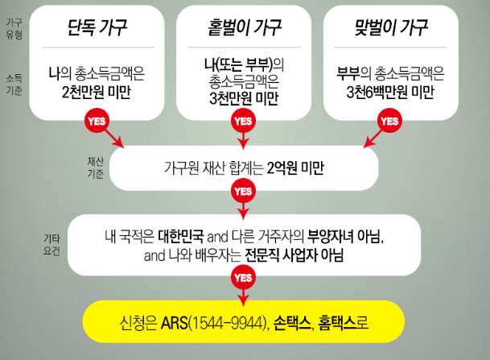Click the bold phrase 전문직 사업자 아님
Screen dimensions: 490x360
coord(296,257)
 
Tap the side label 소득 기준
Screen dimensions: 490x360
coord(14,83)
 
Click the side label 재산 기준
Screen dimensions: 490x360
coord(94,166)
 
